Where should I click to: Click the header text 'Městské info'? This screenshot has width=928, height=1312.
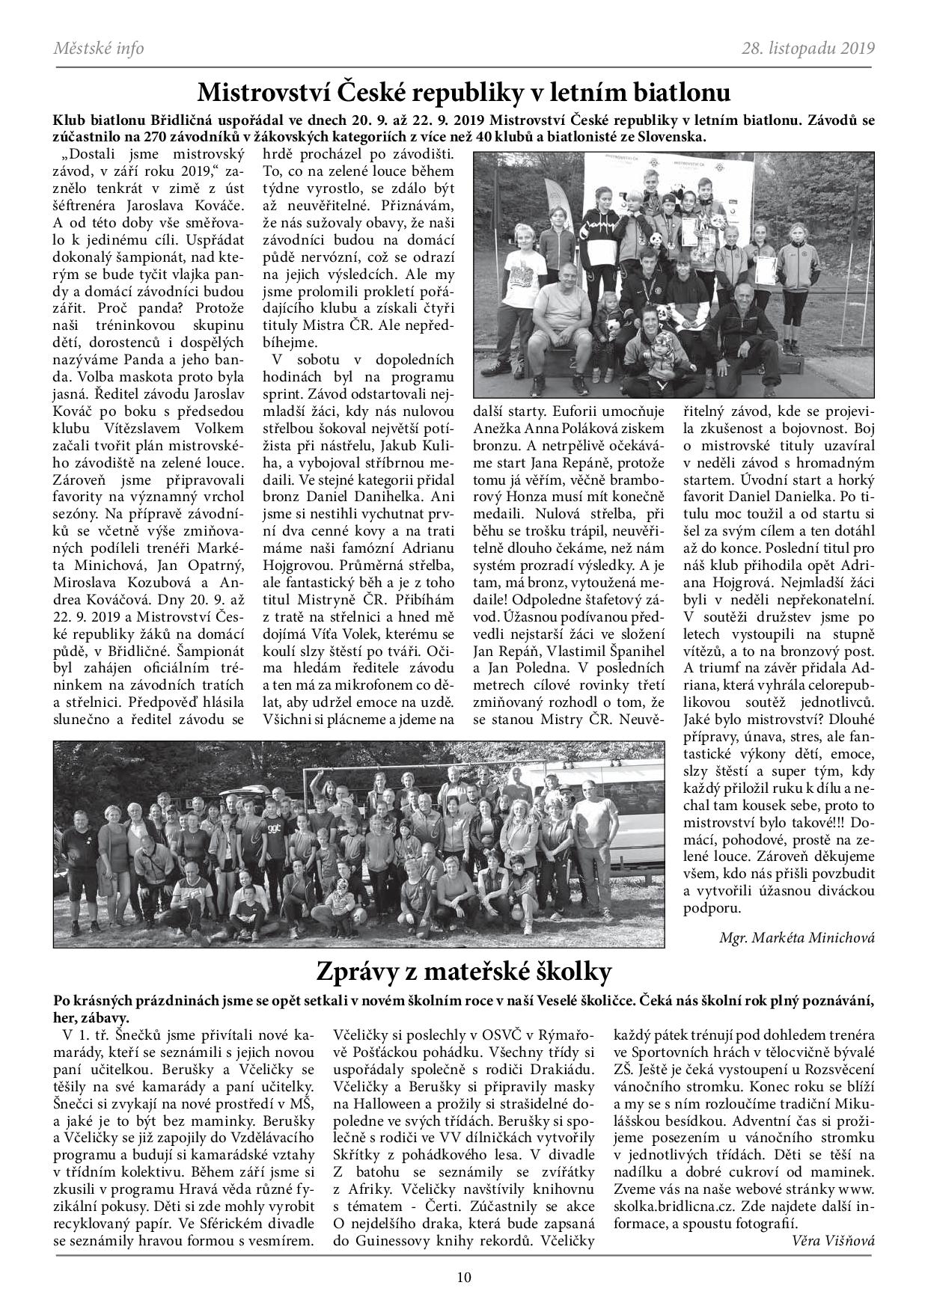(x=99, y=49)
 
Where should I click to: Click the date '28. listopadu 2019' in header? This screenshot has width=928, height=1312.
(x=808, y=49)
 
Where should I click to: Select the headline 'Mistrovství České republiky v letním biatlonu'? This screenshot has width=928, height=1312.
(x=463, y=93)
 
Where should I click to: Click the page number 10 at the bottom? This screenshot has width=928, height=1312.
(x=464, y=1278)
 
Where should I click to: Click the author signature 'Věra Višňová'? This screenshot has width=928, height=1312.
(x=832, y=1240)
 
